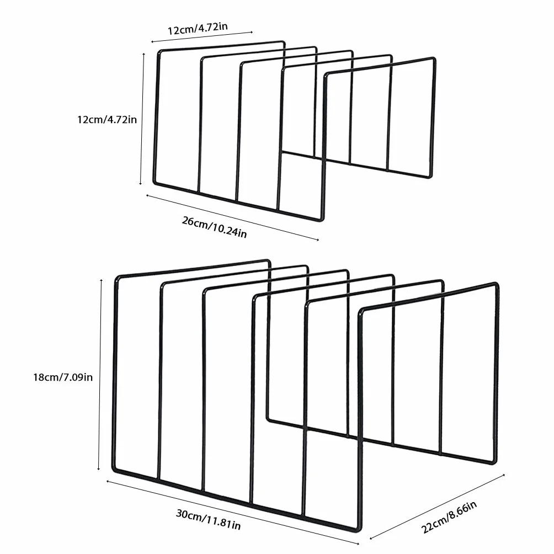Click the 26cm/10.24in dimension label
(214, 227)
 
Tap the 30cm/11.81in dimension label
(209, 519)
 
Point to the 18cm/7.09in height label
(63, 377)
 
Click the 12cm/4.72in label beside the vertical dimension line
(107, 119)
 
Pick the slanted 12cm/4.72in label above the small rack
(198, 28)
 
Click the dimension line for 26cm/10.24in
(232, 217)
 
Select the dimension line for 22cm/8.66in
(437, 507)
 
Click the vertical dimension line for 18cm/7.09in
(100, 375)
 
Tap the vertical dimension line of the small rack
(142, 119)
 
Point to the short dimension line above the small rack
(202, 37)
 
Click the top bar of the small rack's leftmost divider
(221, 46)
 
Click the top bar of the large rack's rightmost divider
(429, 297)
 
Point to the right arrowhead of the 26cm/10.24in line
(317, 239)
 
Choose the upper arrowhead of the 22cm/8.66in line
(503, 475)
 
